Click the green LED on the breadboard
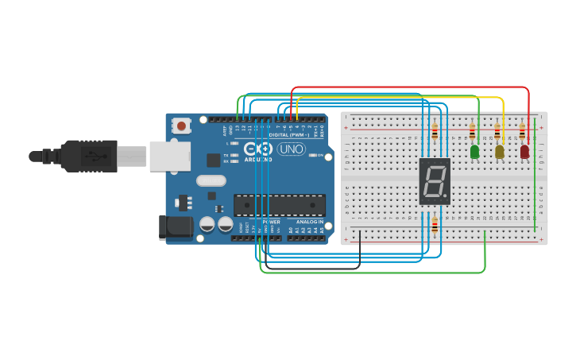click(x=474, y=151)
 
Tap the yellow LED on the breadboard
click(x=499, y=151)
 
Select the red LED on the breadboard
click(x=524, y=151)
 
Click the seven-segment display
click(x=435, y=181)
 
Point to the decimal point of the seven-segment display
click(x=446, y=195)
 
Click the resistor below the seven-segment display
click(x=435, y=225)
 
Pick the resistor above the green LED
click(x=473, y=131)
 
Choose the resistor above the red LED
click(x=522, y=131)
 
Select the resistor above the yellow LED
click(x=497, y=131)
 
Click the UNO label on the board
click(x=291, y=149)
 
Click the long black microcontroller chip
click(x=279, y=205)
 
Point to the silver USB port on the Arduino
click(x=169, y=156)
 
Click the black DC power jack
click(x=175, y=227)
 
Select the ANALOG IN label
click(x=309, y=222)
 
